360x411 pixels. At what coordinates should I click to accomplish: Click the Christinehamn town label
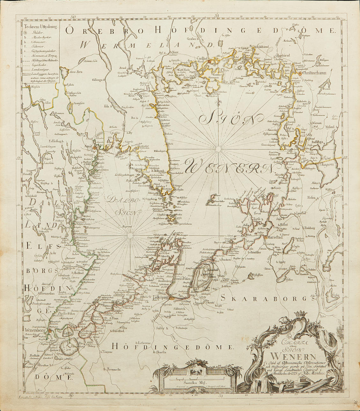(314, 73)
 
